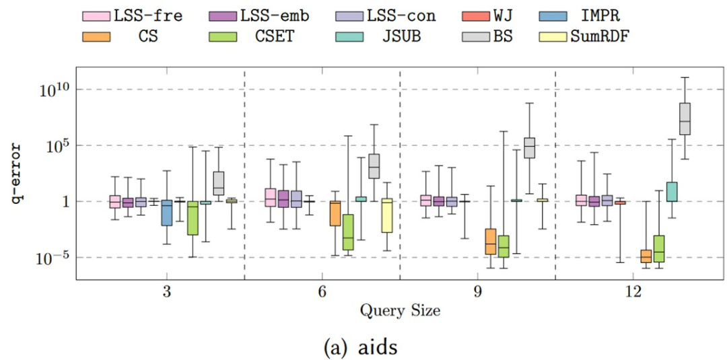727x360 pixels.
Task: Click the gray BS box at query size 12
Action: coord(685,118)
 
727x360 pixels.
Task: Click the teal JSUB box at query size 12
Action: coord(672,192)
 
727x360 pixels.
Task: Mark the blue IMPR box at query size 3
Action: coord(167,213)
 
